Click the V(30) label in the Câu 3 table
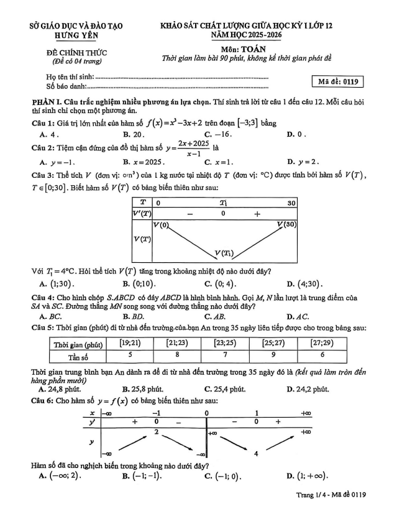286,224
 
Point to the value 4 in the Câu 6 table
256,453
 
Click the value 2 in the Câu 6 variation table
157,431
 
